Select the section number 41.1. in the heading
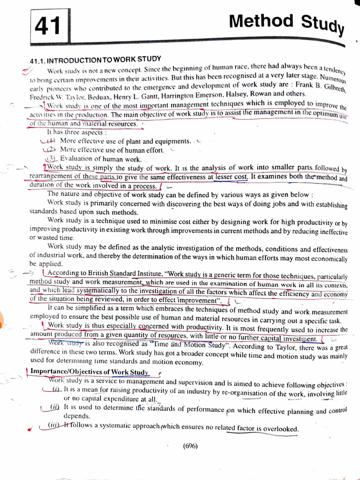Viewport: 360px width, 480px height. click(37, 62)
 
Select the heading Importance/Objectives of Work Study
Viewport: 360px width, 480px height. click(89, 372)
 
